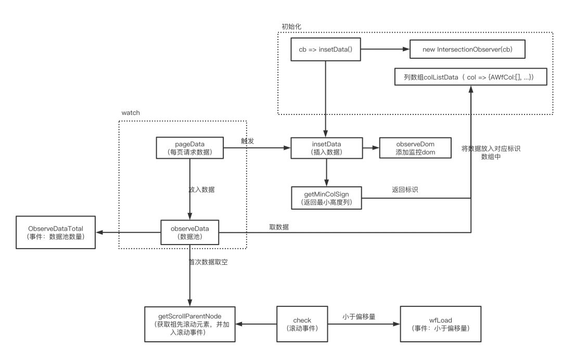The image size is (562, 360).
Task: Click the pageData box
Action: [190, 148]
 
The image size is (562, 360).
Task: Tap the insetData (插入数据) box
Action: [325, 148]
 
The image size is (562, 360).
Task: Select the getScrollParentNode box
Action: [190, 324]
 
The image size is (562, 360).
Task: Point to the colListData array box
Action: [468, 77]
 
